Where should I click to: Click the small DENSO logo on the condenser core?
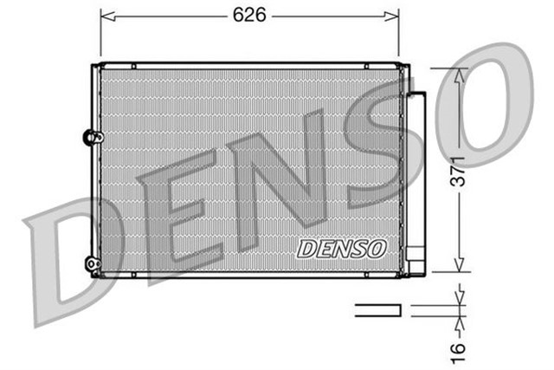coord(341,249)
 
